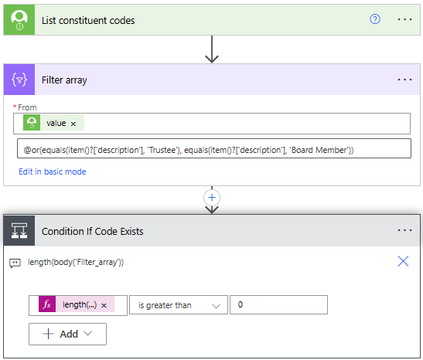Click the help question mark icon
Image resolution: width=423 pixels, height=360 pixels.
tap(375, 19)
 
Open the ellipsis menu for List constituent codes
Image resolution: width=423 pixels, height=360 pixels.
tap(404, 19)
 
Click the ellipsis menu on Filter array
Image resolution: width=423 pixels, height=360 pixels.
tap(404, 80)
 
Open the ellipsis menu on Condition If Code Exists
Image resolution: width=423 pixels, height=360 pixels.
tap(404, 230)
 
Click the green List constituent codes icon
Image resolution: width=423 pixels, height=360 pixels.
tap(19, 19)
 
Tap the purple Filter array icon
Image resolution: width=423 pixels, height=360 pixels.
tap(19, 80)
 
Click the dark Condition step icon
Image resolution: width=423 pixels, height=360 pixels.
tap(19, 231)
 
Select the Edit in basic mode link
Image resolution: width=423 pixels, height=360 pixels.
tap(53, 172)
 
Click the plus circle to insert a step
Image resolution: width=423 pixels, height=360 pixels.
tap(212, 198)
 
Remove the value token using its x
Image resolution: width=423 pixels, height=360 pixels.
tap(73, 124)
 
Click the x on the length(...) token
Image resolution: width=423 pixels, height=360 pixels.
tap(104, 306)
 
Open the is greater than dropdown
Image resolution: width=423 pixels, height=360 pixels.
tap(179, 305)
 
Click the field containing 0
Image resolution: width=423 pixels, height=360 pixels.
tap(278, 304)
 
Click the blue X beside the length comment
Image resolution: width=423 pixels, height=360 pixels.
tap(403, 261)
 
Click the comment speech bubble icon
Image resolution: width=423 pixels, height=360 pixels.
tap(15, 263)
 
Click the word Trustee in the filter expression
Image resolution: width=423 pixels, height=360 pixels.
tap(162, 150)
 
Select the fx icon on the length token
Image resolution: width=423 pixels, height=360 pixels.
tap(47, 304)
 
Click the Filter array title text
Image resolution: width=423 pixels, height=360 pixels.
tap(64, 80)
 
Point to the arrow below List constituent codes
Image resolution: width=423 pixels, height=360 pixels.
tap(212, 49)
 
